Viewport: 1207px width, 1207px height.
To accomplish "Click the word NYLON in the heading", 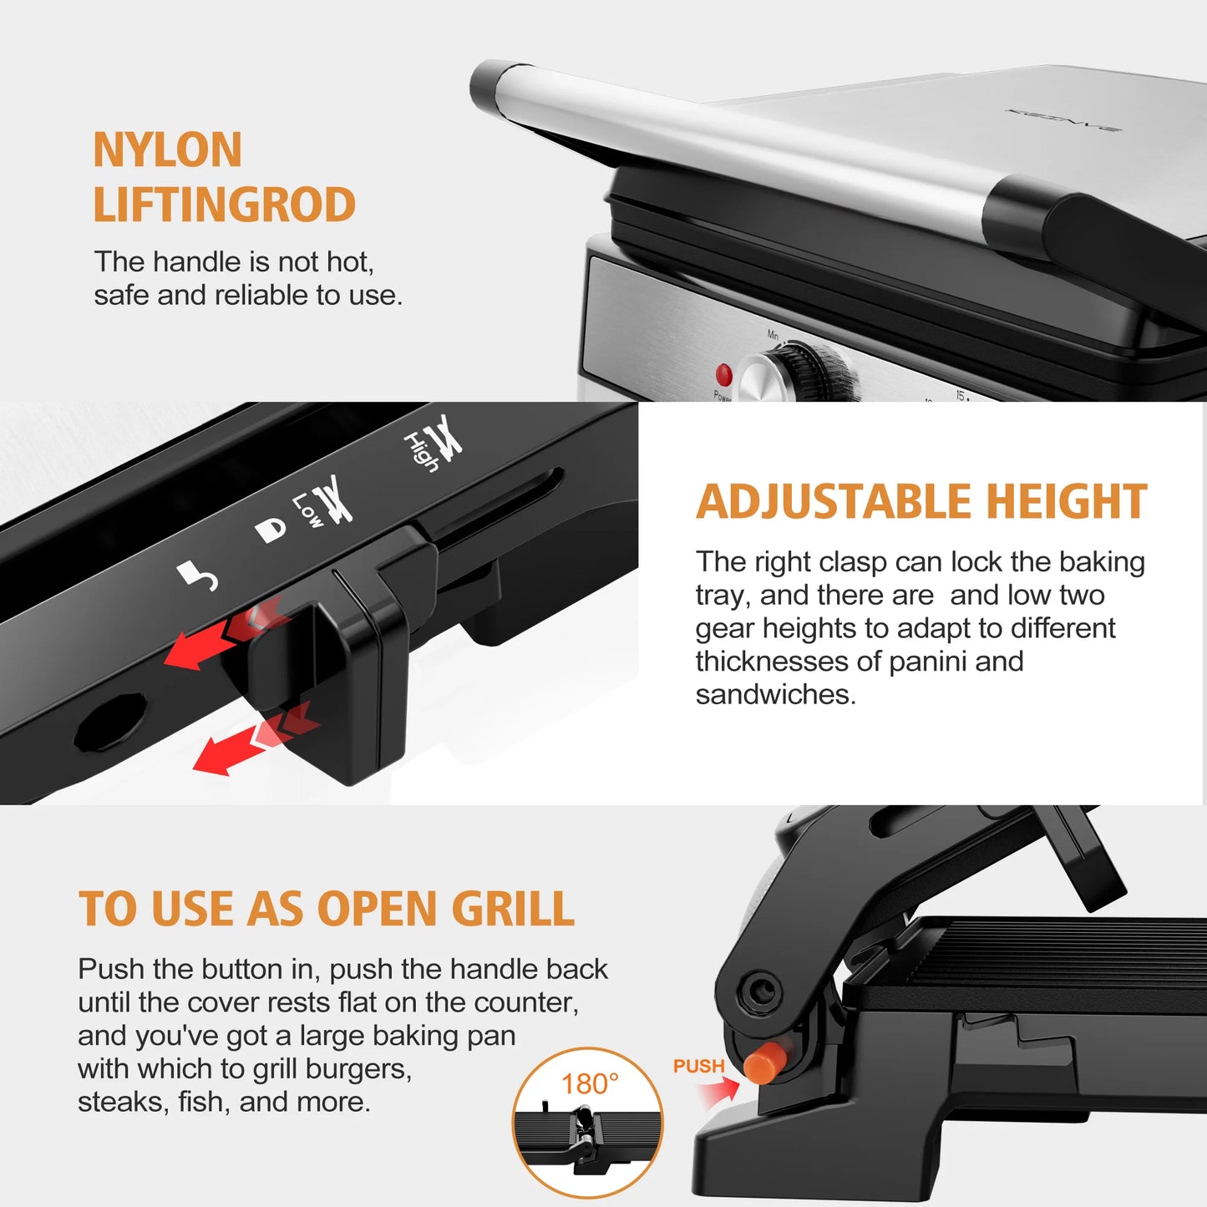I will pos(167,150).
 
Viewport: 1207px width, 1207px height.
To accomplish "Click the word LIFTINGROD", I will pos(224,205).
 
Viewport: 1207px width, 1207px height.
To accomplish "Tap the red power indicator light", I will pos(723,373).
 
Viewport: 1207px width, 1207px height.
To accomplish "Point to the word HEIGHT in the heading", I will pos(1067,502).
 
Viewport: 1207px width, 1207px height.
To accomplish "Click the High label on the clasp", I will pos(420,452).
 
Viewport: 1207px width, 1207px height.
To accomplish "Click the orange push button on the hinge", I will pos(763,1063).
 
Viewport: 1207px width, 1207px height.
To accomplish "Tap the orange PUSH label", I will pos(698,1067).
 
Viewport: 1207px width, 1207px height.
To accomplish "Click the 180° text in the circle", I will pos(590,1084).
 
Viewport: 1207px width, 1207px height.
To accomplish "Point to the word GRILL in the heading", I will pos(513,909).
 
